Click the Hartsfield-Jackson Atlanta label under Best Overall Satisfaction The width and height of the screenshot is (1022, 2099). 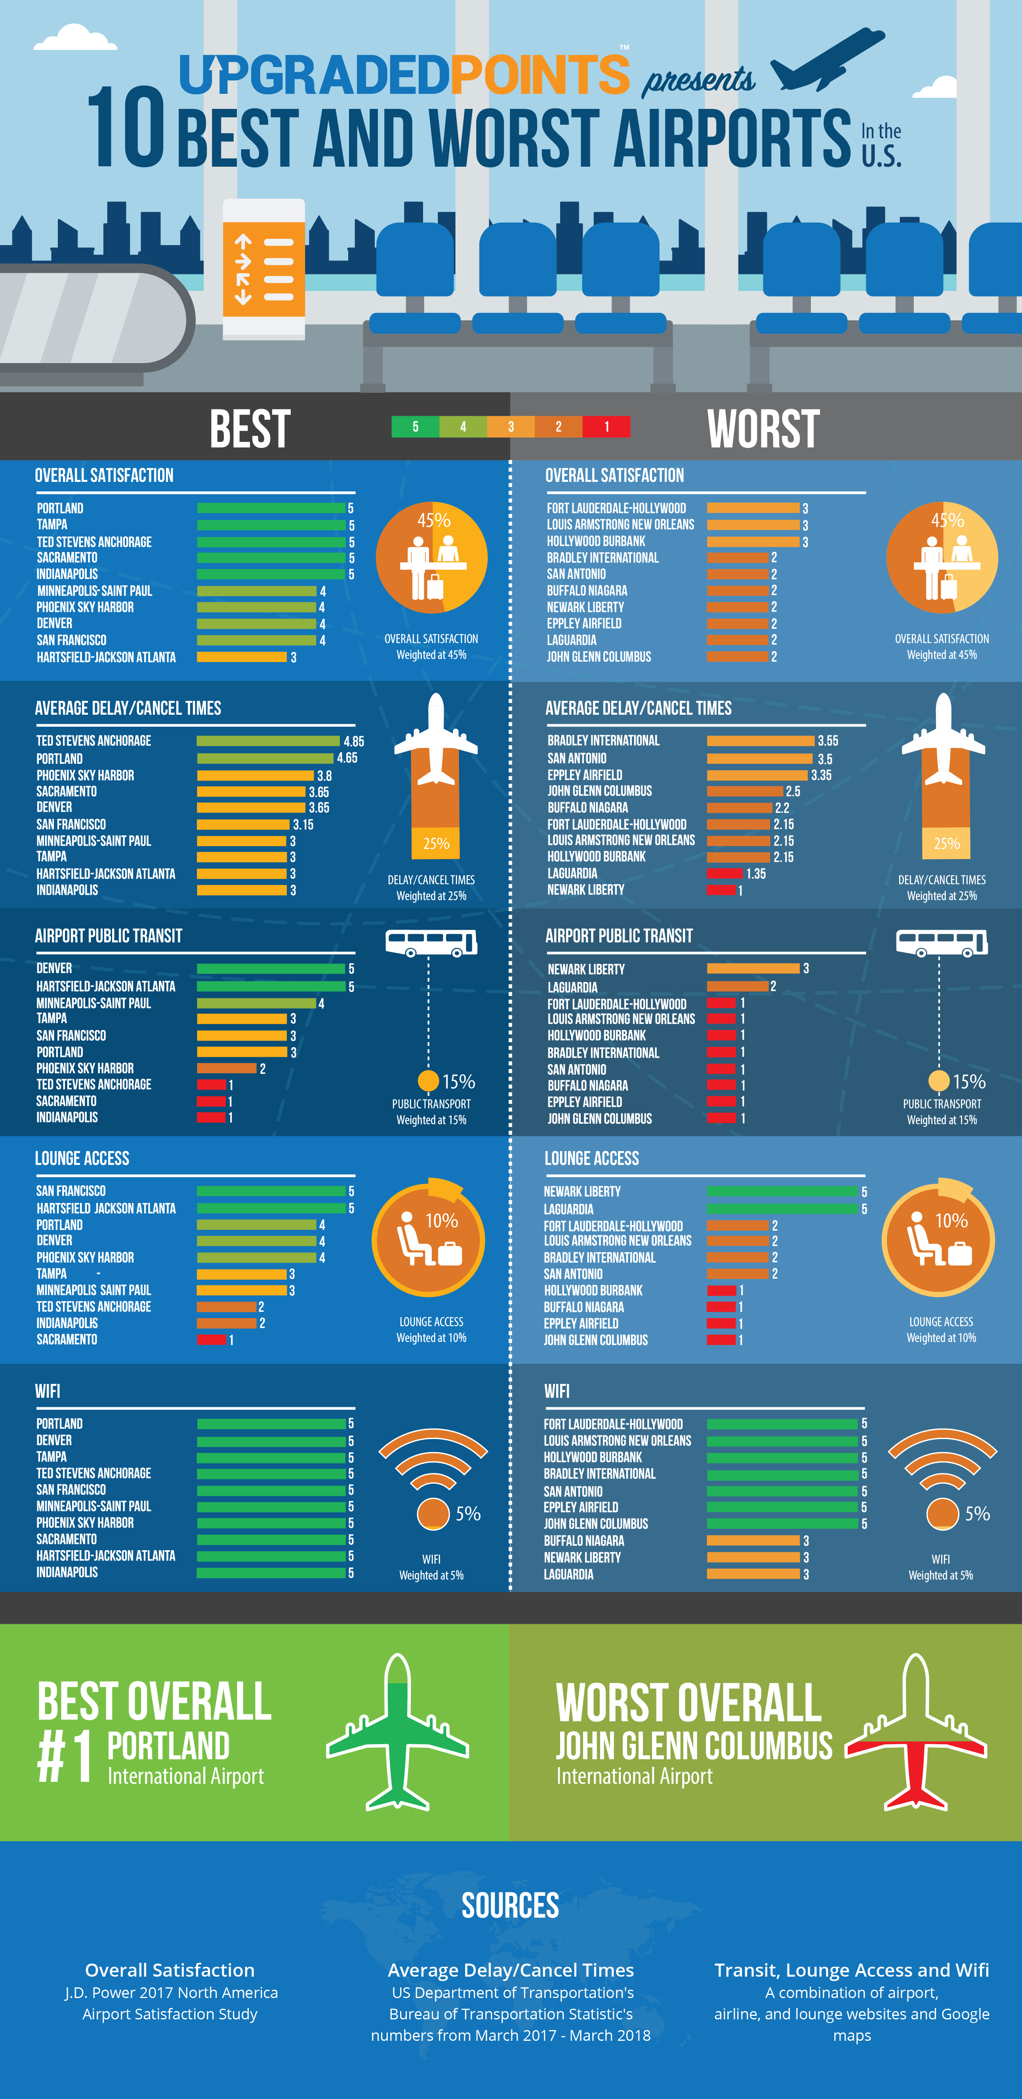coord(106,657)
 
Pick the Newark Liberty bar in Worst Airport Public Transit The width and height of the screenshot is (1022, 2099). coord(753,968)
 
